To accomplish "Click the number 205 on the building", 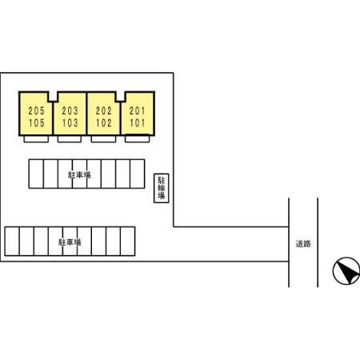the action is pos(37,110).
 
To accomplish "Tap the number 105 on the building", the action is pos(37,123).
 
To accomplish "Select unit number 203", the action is pos(70,110).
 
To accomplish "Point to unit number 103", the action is pos(70,123).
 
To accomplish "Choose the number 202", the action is pos(104,110).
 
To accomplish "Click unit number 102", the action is pos(104,123).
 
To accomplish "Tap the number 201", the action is pos(138,110).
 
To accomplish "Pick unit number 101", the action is pos(138,123).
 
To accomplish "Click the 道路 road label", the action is pos(303,244).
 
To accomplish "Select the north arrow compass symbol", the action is pos(346,270).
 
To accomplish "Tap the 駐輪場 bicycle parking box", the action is pos(162,188).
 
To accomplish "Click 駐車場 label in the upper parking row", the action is pos(79,175).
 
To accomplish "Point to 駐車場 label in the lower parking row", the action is pos(70,242).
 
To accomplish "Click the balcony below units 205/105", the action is pos(36,139).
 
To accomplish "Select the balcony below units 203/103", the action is pos(70,139).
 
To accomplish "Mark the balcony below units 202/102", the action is pos(103,139).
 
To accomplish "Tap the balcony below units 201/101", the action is pos(137,139).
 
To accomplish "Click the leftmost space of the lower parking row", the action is pos(12,242).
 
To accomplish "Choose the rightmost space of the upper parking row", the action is pos(138,174).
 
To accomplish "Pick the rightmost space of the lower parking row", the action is pos(128,242).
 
